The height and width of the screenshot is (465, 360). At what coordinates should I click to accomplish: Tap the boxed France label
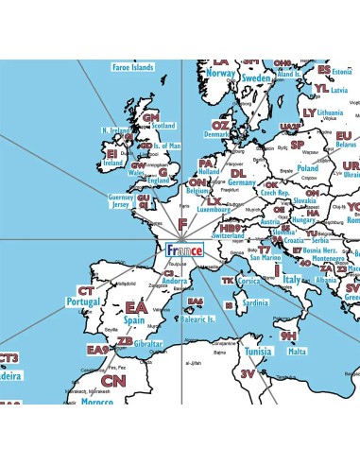(x=183, y=250)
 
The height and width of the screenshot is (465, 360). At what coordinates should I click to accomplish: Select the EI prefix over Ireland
(x=111, y=152)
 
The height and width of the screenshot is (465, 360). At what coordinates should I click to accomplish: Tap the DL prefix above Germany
(x=238, y=173)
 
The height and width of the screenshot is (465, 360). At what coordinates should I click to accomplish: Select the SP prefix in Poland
(x=297, y=146)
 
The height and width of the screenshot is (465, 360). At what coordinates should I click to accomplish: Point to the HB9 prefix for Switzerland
(x=228, y=228)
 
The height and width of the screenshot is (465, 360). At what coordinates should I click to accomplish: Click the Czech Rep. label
(x=274, y=193)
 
